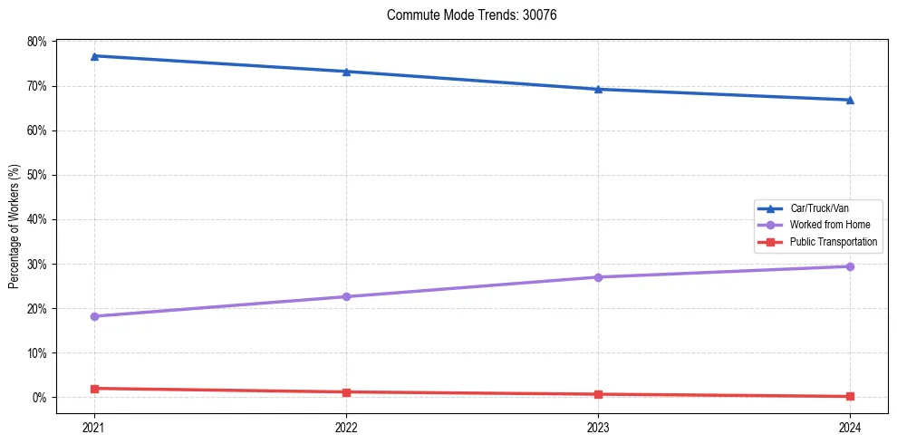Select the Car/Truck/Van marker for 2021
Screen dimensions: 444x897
tap(94, 56)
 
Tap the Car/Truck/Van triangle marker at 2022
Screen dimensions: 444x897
tap(346, 72)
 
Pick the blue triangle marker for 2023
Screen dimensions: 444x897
tap(598, 89)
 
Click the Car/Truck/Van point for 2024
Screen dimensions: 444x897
tap(850, 100)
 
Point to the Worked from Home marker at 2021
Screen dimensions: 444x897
tap(94, 316)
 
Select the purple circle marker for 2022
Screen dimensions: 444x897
tap(346, 296)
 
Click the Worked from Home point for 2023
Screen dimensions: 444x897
tap(598, 277)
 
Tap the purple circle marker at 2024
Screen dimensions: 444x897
tap(850, 266)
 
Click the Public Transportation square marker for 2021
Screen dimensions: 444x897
tap(94, 389)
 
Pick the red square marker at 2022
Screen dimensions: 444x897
tap(346, 392)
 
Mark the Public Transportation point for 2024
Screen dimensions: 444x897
tap(850, 396)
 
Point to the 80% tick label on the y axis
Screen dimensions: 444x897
tap(37, 42)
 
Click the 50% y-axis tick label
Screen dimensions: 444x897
tap(37, 175)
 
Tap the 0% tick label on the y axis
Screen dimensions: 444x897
tap(40, 398)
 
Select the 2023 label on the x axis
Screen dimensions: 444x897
tap(598, 426)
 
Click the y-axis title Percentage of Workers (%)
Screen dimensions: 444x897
tap(14, 227)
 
